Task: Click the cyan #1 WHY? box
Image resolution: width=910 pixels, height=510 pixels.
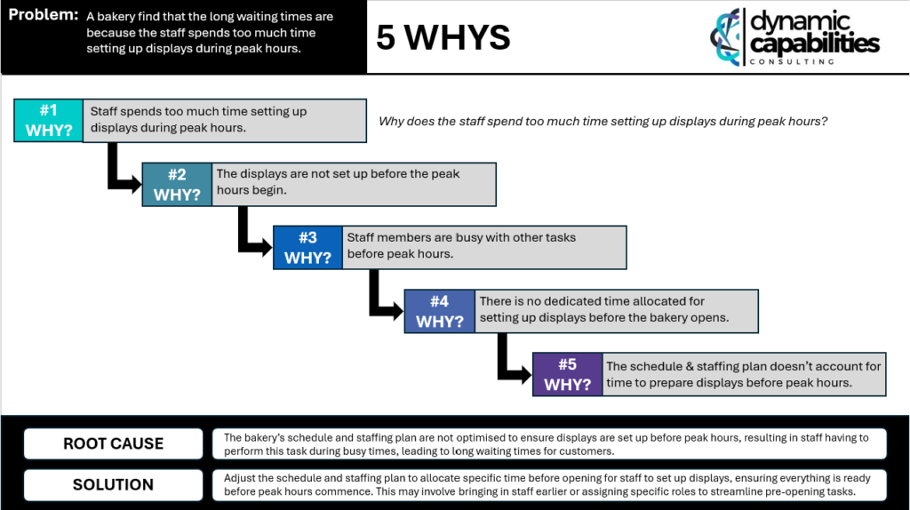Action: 49,120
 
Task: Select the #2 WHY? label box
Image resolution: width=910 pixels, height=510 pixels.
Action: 177,185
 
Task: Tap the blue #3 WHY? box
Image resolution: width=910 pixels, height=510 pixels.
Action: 307,248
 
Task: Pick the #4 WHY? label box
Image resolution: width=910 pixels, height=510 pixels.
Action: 439,312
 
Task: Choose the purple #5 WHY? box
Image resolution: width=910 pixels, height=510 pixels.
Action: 568,374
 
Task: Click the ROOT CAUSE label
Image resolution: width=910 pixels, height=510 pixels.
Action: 113,444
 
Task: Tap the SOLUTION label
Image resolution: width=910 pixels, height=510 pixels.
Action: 113,484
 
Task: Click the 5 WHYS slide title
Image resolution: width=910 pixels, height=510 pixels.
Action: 443,37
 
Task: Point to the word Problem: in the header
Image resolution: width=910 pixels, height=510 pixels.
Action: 43,15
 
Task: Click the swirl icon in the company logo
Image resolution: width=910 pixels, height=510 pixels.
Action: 725,36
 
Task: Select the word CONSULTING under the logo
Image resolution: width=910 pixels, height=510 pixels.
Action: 792,61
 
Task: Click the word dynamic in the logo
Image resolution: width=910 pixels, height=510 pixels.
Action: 801,21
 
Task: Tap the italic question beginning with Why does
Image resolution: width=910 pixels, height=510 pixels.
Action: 603,121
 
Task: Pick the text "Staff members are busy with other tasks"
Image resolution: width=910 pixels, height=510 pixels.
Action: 461,237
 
